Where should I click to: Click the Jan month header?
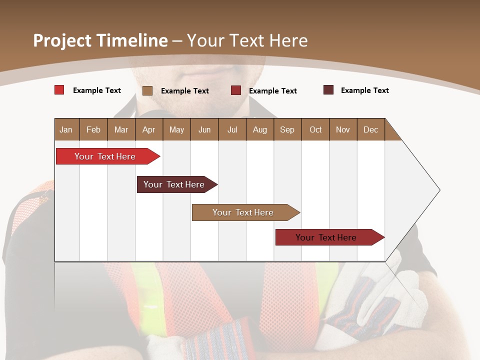coord(66,129)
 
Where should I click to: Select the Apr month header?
coord(148,129)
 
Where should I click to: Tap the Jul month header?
coord(232,129)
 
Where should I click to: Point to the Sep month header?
coord(287,129)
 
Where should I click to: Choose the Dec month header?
coord(370,129)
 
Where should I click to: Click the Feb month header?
coord(93,129)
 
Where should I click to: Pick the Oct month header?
coord(315,129)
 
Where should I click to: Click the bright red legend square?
coord(59,90)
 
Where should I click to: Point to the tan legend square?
coord(147,90)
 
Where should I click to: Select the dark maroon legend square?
coord(328,90)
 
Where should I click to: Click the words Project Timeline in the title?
coord(100,40)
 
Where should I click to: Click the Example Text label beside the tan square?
coord(184,91)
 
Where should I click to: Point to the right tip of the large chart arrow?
coord(438,190)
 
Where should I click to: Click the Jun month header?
coord(204,129)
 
